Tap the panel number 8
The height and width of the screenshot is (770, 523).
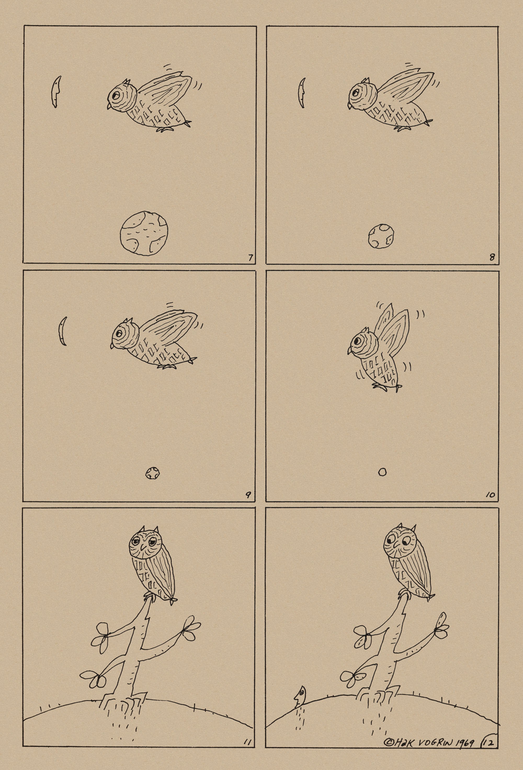coord(492,257)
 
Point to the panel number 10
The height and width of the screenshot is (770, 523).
coord(490,496)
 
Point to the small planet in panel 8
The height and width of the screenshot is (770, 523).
coord(381,236)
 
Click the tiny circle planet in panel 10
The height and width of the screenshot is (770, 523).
coord(382,472)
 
